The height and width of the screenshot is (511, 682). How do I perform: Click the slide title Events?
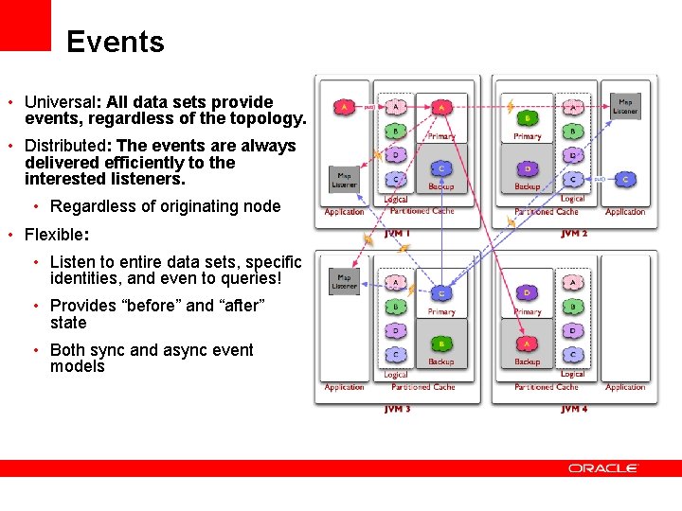click(x=116, y=42)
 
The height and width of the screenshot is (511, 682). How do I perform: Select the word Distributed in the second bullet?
click(x=65, y=146)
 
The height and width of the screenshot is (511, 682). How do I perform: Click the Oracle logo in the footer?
click(x=603, y=467)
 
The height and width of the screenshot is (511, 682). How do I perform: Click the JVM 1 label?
click(x=398, y=233)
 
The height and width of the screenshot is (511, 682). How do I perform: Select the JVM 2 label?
click(x=574, y=233)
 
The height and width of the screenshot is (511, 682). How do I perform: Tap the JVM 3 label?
click(x=398, y=409)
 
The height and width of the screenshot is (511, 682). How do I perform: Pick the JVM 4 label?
click(x=574, y=409)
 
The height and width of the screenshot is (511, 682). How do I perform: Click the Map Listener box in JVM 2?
click(x=624, y=106)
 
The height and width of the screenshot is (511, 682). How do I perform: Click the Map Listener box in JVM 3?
click(x=344, y=281)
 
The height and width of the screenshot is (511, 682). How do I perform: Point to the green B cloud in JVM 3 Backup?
click(x=440, y=344)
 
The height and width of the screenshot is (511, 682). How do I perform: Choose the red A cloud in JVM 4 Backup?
click(x=527, y=344)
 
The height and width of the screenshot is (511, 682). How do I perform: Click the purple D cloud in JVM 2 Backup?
click(x=527, y=169)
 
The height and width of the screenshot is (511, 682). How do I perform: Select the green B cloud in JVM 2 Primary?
click(x=527, y=118)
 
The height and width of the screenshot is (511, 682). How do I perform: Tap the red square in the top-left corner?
click(x=25, y=25)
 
